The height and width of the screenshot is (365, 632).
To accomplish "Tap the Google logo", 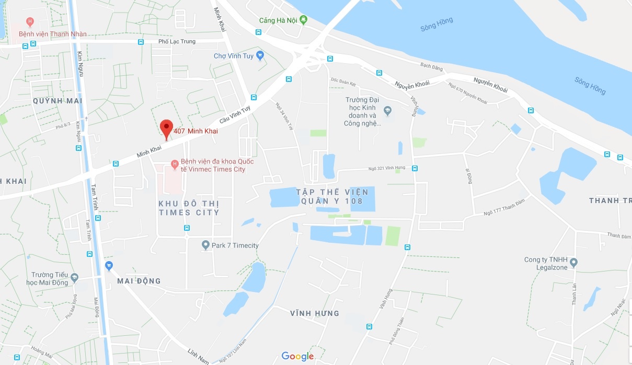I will pyautogui.click(x=297, y=357).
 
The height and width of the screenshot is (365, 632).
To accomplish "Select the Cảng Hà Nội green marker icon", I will pyautogui.click(x=303, y=20).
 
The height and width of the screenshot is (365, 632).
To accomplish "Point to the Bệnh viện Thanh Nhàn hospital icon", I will pyautogui.click(x=30, y=22).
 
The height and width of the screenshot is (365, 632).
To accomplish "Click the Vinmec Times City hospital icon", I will pyautogui.click(x=174, y=165).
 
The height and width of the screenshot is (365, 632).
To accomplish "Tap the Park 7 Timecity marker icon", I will pyautogui.click(x=206, y=245).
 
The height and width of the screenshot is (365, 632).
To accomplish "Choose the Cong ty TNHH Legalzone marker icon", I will pyautogui.click(x=573, y=262).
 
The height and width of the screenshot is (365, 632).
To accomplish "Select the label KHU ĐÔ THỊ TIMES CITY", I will pyautogui.click(x=189, y=207).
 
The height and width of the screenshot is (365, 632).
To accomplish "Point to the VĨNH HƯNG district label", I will pyautogui.click(x=315, y=313).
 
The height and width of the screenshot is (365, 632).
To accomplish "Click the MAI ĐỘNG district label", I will pyautogui.click(x=139, y=281).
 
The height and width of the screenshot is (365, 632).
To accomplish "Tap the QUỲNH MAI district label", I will pyautogui.click(x=58, y=100).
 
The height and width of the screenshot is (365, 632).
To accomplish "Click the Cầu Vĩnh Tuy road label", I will pyautogui.click(x=235, y=114).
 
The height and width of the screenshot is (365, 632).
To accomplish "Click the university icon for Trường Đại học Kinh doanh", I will pyautogui.click(x=387, y=110).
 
